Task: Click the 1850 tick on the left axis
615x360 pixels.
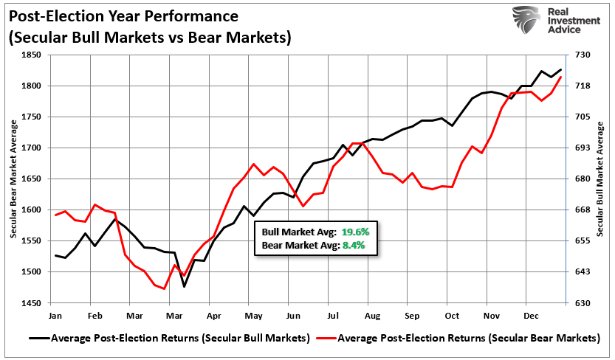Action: (32, 55)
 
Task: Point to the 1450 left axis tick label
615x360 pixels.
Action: (32, 303)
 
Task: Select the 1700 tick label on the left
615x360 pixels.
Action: (32, 148)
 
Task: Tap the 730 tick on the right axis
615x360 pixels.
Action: (582, 55)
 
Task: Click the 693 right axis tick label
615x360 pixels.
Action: (582, 148)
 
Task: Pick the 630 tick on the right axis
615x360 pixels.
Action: (582, 303)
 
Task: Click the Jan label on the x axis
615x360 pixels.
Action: (55, 315)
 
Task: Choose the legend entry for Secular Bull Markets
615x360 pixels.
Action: (171, 339)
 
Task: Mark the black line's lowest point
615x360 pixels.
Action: (184, 286)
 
